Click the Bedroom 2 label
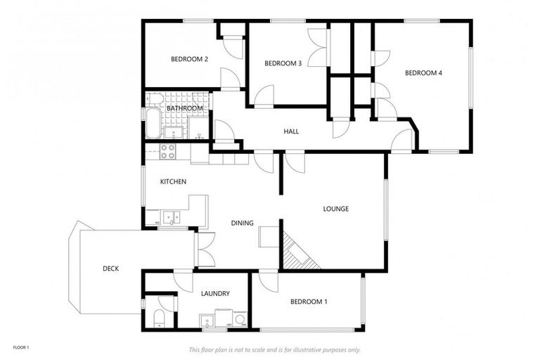pyautogui.click(x=189, y=60)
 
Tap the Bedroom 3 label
pyautogui.click(x=283, y=64)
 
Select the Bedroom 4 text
pyautogui.click(x=423, y=73)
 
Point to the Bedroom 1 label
pyautogui.click(x=309, y=302)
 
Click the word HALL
pyautogui.click(x=291, y=131)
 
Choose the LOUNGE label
pyautogui.click(x=335, y=209)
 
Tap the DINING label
pyautogui.click(x=242, y=223)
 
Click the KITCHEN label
pyautogui.click(x=173, y=182)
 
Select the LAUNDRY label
pyautogui.click(x=215, y=294)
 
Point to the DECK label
pyautogui.click(x=110, y=268)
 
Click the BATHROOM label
pyautogui.click(x=184, y=108)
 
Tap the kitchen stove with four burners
pyautogui.click(x=167, y=151)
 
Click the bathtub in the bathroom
pyautogui.click(x=152, y=123)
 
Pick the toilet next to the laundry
pyautogui.click(x=159, y=317)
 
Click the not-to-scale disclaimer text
pyautogui.click(x=274, y=349)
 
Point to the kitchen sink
pyautogui.click(x=171, y=217)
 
